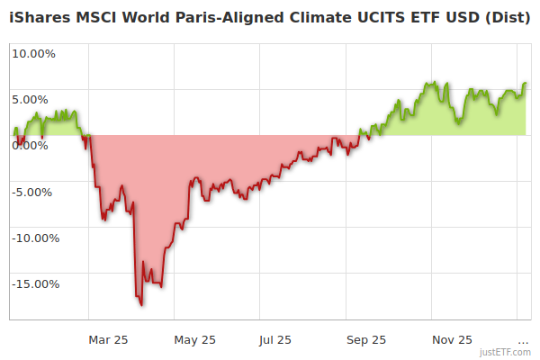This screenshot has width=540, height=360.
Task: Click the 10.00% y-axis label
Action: [33, 53]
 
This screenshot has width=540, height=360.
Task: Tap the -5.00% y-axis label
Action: [34, 192]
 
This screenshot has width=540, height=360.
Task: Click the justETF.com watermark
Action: [506, 352]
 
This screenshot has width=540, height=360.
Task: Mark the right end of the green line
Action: [526, 83]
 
